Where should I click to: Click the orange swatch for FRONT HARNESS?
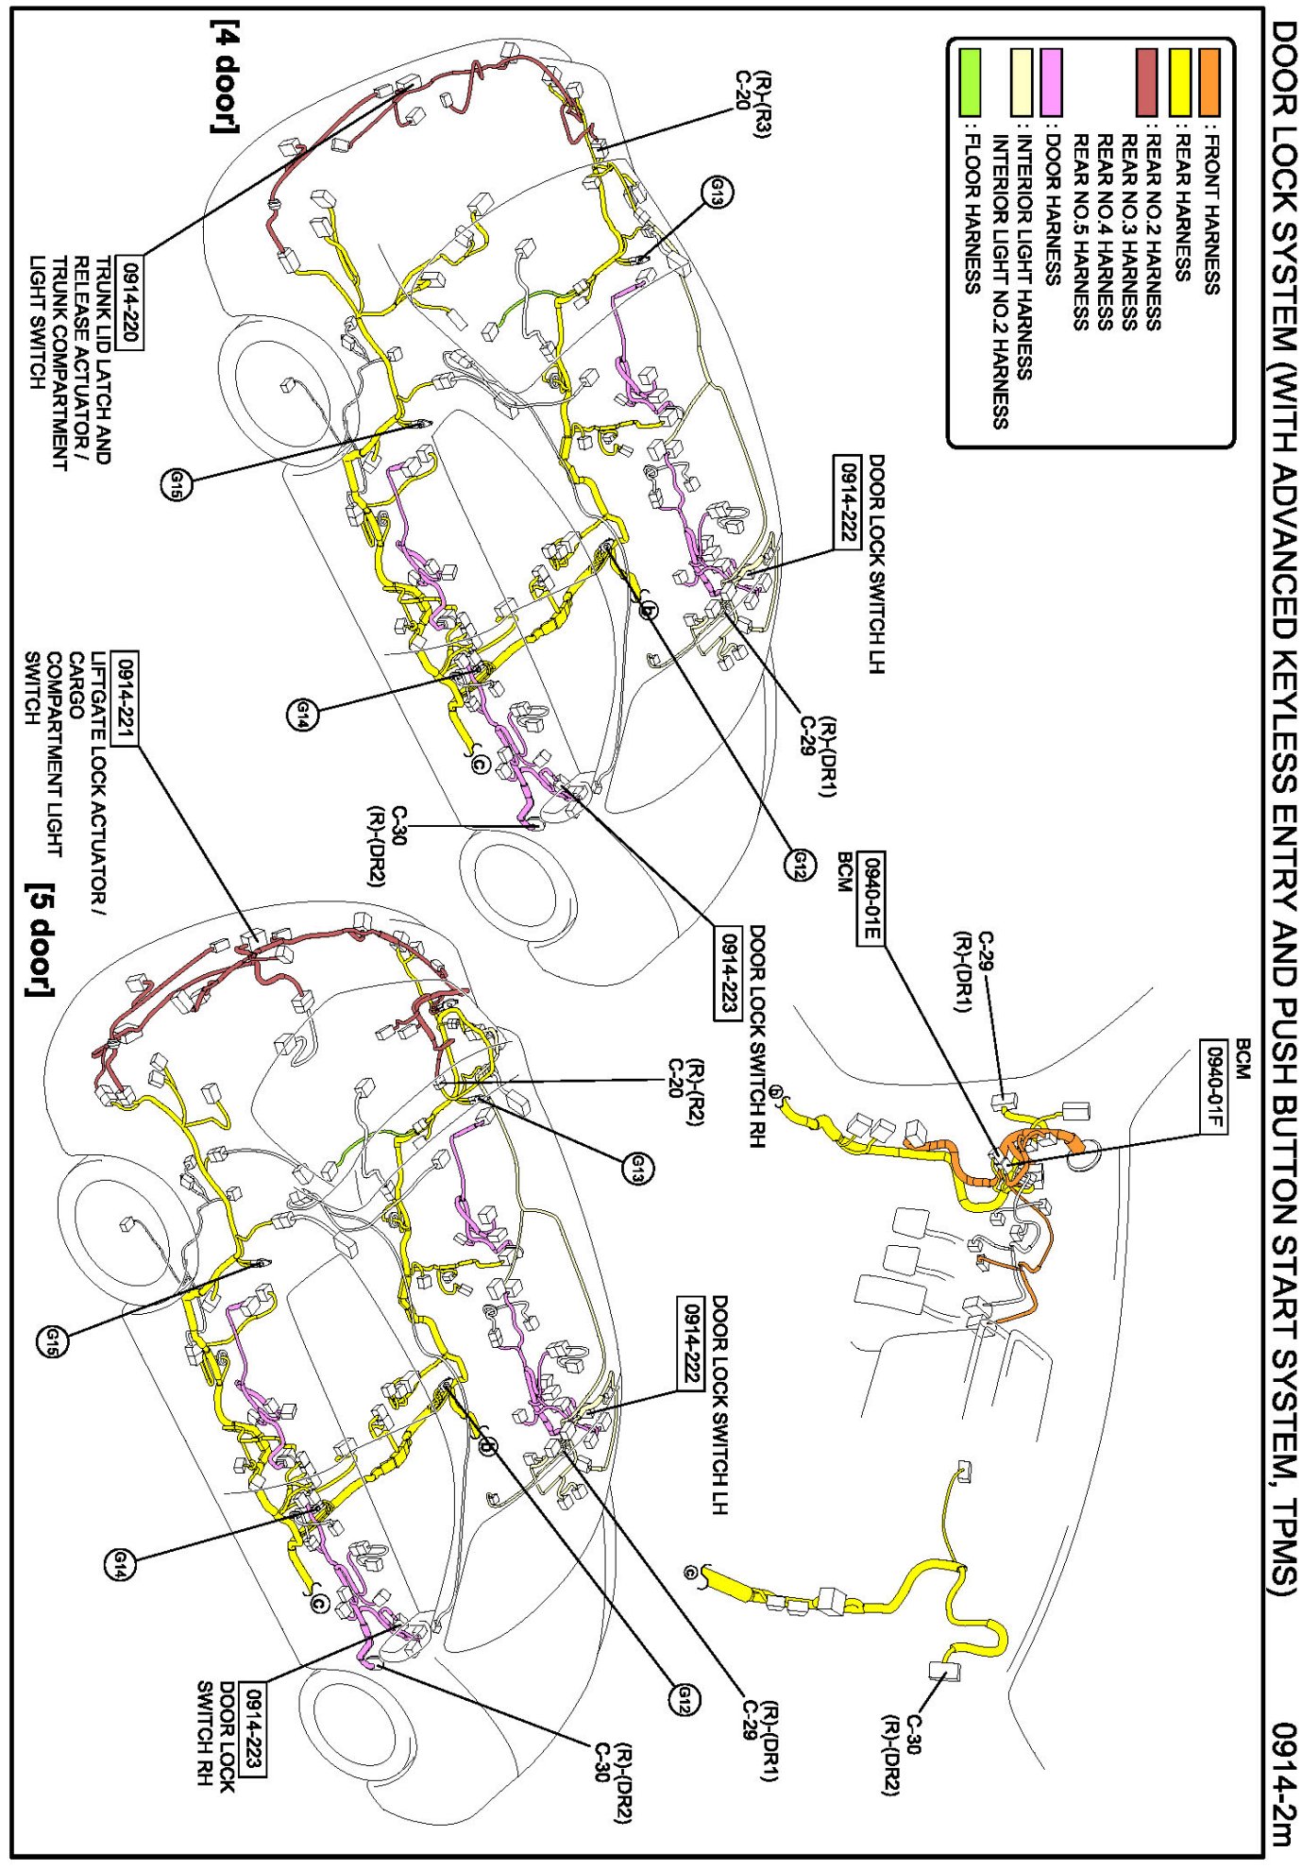pyautogui.click(x=1209, y=83)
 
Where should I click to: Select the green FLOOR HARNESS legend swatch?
pyautogui.click(x=969, y=83)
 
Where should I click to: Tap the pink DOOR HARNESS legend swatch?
pyautogui.click(x=1050, y=83)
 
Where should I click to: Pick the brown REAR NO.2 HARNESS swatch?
pyautogui.click(x=1146, y=83)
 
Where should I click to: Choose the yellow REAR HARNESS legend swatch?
pyautogui.click(x=1179, y=83)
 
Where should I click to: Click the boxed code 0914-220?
pyautogui.click(x=129, y=302)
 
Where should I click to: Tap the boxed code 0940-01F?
pyautogui.click(x=1214, y=1086)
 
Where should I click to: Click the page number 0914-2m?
pyautogui.click(x=1281, y=1783)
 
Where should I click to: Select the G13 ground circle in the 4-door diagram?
pyautogui.click(x=718, y=193)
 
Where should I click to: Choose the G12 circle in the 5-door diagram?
pyautogui.click(x=685, y=1700)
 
